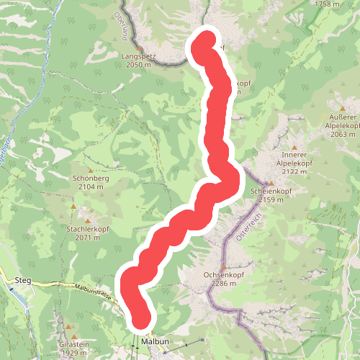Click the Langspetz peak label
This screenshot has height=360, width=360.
(138, 55)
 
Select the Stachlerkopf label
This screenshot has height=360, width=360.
(87, 228)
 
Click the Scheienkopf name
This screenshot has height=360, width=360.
(269, 191)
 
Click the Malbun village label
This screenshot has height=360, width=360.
(155, 341)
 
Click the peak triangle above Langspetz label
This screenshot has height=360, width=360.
(140, 48)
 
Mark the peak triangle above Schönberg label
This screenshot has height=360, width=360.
(90, 169)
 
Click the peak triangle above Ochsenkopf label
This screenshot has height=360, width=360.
(223, 266)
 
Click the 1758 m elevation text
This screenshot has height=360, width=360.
(327, 4)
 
